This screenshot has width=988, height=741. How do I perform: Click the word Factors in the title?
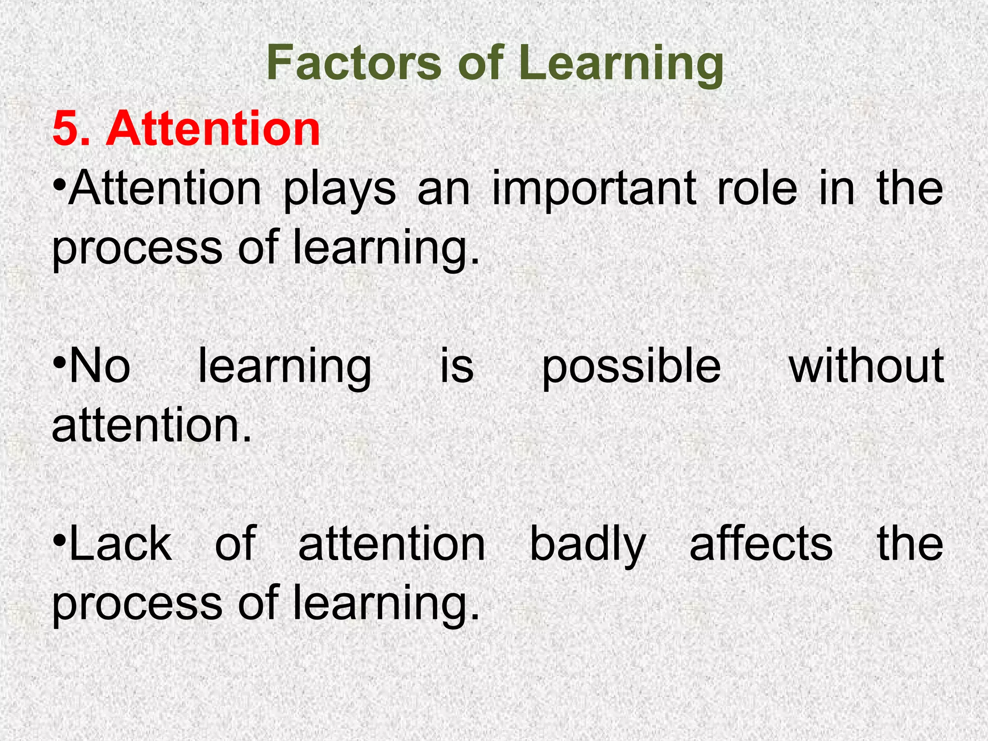click(354, 63)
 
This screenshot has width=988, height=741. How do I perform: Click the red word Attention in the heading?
click(213, 128)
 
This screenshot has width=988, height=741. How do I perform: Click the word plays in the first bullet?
click(339, 189)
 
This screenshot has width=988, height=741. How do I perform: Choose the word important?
click(594, 189)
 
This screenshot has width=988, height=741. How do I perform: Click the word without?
click(866, 366)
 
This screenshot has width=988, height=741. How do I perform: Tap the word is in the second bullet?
click(456, 366)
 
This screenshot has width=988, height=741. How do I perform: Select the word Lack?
click(121, 544)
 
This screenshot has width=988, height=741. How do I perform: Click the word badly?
click(588, 545)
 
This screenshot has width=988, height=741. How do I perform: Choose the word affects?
click(761, 544)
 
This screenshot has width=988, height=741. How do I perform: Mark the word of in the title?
click(480, 63)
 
